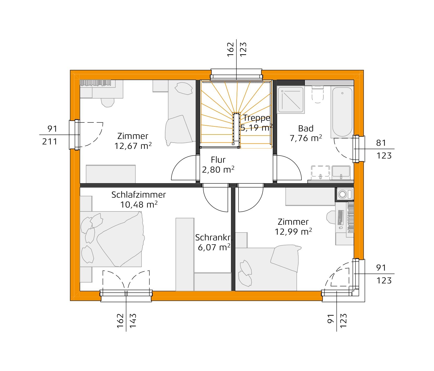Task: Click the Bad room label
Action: click(306, 129)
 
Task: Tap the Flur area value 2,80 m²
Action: click(218, 170)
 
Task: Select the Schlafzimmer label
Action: click(139, 195)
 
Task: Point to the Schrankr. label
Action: click(213, 238)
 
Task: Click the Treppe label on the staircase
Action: click(257, 118)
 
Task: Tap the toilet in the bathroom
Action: click(318, 95)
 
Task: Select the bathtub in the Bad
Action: click(342, 112)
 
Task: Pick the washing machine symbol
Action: click(344, 194)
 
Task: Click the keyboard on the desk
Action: click(340, 217)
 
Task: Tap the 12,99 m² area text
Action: click(293, 232)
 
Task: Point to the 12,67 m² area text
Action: click(133, 146)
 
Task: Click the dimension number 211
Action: click(50, 142)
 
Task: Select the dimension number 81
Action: click(381, 143)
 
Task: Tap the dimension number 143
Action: click(133, 321)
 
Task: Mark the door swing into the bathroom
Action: click(288, 168)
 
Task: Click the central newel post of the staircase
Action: click(236, 129)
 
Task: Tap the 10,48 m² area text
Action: click(139, 205)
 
